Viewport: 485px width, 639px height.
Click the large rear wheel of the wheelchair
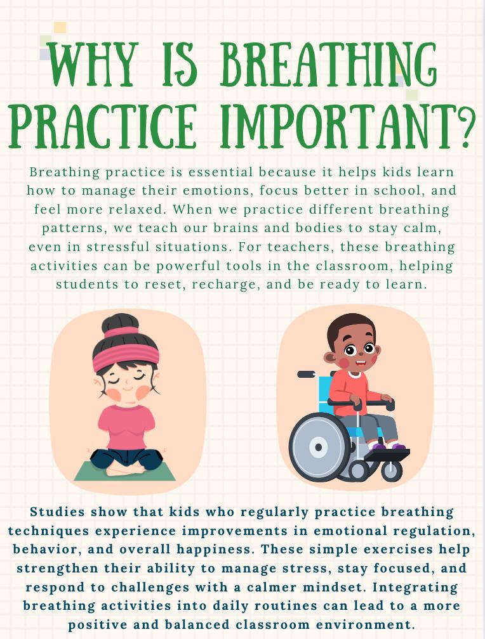[319, 446]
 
